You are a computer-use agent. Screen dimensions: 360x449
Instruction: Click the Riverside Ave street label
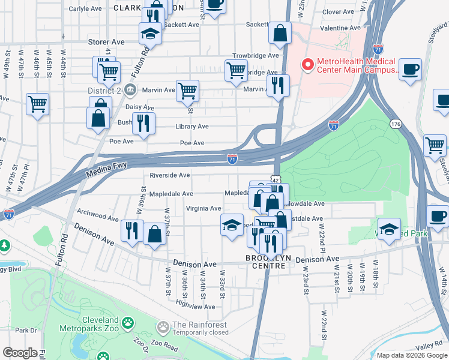click(x=170, y=175)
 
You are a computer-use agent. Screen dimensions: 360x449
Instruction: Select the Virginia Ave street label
click(x=203, y=208)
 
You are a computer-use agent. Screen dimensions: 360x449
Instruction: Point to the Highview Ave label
click(x=194, y=307)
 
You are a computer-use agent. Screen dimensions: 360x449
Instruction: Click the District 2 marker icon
click(x=130, y=91)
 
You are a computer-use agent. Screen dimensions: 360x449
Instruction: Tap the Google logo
click(x=20, y=353)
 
